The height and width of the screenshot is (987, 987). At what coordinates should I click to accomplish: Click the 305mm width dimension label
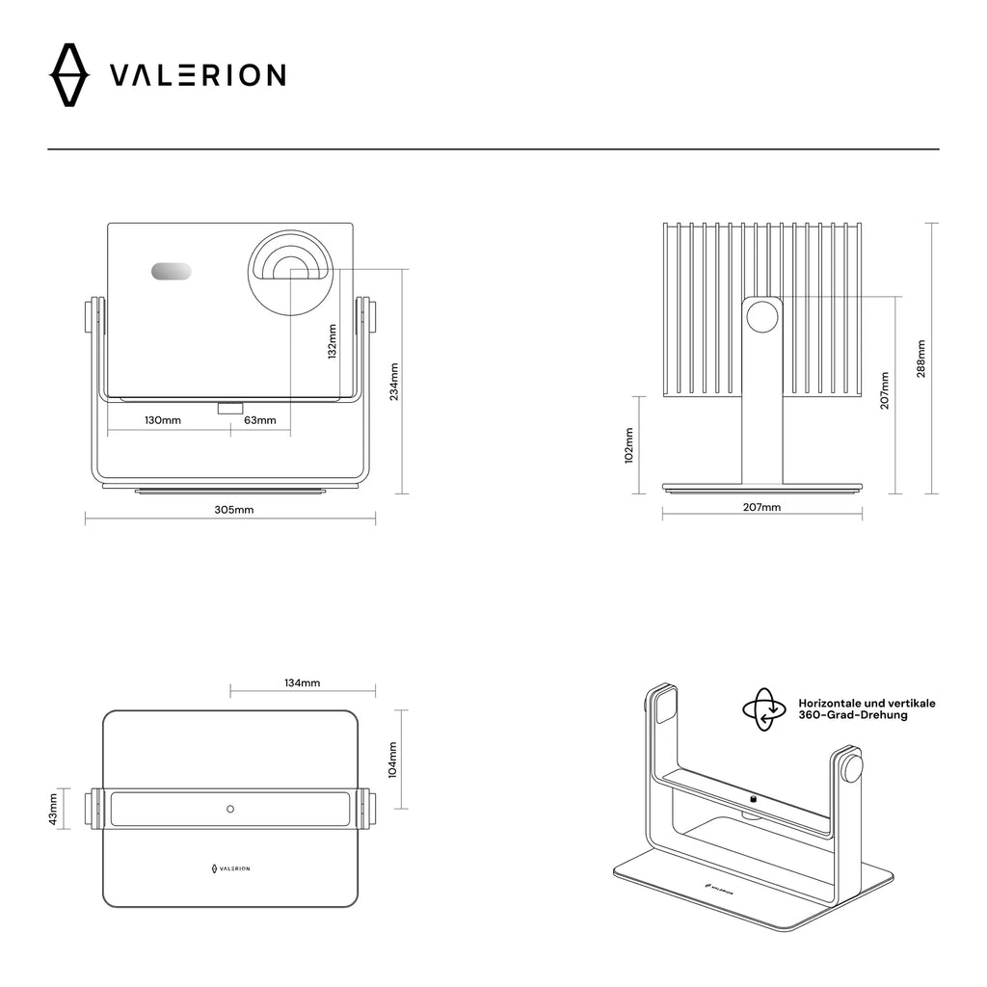233,509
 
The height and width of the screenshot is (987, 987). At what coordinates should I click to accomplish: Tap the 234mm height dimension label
393,382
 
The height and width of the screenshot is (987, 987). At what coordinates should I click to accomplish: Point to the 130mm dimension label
163,420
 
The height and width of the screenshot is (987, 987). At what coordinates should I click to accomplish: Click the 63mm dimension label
260,420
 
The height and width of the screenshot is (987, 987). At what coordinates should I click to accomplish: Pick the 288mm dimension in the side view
921,359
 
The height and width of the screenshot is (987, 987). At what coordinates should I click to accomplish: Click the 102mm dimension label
628,446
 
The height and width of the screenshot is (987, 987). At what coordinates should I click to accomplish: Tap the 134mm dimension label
303,682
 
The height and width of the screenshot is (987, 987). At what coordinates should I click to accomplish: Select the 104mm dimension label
392,760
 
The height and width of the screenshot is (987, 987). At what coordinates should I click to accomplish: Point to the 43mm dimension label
55,808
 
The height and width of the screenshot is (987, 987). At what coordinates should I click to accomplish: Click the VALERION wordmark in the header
197,75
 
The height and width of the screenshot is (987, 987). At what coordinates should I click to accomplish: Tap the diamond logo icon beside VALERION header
68,75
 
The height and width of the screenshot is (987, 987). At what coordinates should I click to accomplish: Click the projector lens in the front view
292,271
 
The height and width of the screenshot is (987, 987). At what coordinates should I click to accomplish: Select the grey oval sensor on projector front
171,272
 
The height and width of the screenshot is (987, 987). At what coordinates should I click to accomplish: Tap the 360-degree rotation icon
764,709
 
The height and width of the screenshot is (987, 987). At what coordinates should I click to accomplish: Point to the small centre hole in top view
229,808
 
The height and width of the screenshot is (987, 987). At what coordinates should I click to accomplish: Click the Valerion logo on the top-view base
230,868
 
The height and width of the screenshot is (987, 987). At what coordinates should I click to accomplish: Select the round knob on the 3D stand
853,768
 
